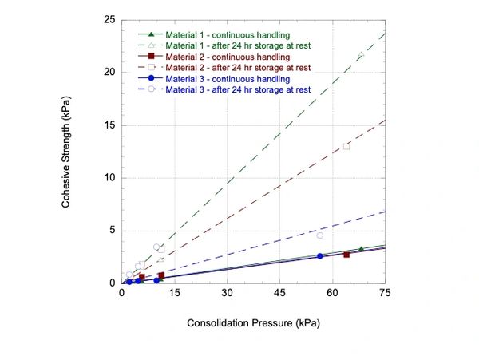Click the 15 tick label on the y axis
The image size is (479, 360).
(x=111, y=125)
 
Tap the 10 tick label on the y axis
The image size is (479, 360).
(x=111, y=177)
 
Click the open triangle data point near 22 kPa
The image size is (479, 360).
(x=361, y=54)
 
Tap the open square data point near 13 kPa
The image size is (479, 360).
(x=346, y=146)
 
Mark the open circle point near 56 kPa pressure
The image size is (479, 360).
(x=320, y=235)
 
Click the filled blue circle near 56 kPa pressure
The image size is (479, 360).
(x=319, y=256)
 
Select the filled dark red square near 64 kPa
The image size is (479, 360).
(x=346, y=255)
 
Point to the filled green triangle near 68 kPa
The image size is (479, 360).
(x=361, y=250)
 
